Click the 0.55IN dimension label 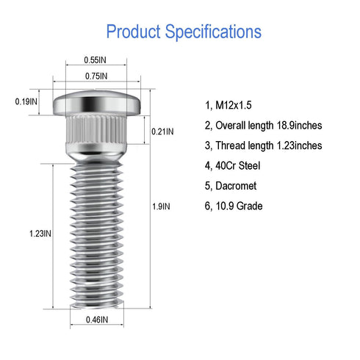point(95,60)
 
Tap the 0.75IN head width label point(96,76)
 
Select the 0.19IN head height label point(26,101)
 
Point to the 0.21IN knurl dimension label point(162,132)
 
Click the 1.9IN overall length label point(161,206)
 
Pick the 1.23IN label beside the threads point(40,234)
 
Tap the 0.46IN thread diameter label point(97,320)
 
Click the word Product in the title point(134,32)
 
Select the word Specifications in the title point(213,32)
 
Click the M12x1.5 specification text point(234,105)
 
